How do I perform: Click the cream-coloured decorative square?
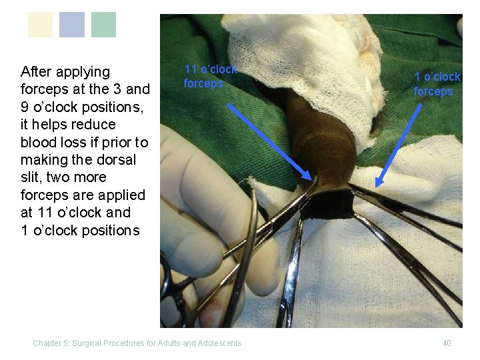click(x=40, y=25)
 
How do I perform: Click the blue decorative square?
click(x=72, y=25)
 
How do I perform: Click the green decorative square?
click(x=103, y=25)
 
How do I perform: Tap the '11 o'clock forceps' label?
click(x=210, y=77)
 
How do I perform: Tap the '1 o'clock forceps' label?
click(x=437, y=85)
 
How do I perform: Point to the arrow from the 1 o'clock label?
click(x=394, y=144)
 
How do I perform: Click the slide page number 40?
click(x=447, y=343)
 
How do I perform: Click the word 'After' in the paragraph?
click(x=37, y=71)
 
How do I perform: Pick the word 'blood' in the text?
click(x=37, y=142)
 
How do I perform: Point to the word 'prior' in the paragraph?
click(x=107, y=142)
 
